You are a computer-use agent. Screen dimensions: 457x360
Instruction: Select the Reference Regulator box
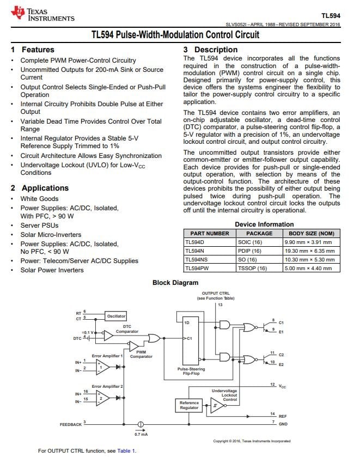pos(189,405)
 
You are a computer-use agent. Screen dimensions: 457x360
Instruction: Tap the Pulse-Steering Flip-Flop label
pos(191,371)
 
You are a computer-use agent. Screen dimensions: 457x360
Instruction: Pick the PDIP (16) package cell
pos(250,251)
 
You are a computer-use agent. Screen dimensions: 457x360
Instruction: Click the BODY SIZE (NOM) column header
pos(308,233)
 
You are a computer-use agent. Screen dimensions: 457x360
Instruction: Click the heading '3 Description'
pos(210,50)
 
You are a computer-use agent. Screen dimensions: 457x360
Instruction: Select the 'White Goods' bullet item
pos(39,199)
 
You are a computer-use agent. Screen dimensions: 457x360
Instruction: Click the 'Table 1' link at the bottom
pos(126,451)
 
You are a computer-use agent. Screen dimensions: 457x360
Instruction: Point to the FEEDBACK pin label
pos(71,424)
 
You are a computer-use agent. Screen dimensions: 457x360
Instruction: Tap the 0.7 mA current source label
pos(141,434)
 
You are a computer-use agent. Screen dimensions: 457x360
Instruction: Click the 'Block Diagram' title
pos(175,283)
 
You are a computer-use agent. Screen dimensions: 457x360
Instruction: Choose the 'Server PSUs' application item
pos(39,225)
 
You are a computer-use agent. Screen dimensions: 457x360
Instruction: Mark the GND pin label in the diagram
pos(282,423)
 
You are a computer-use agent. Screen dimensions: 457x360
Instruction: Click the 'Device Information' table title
pos(264,224)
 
